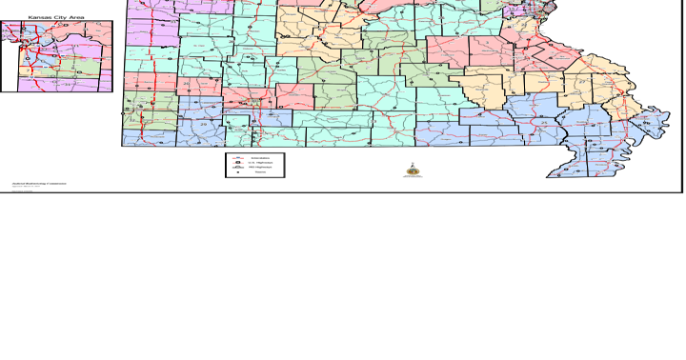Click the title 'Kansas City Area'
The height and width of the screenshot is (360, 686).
click(x=56, y=16)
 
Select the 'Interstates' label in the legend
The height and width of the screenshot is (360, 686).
click(x=260, y=157)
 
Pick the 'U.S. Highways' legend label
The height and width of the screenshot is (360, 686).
click(x=260, y=163)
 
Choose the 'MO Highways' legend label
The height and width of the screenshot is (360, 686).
click(x=260, y=169)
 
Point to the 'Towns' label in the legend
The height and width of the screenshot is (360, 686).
click(x=260, y=174)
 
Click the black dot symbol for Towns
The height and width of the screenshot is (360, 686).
click(x=235, y=174)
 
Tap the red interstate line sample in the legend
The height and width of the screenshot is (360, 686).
click(x=235, y=157)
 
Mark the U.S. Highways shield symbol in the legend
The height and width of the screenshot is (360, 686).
click(x=235, y=163)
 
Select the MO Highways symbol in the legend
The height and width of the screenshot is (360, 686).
click(x=235, y=169)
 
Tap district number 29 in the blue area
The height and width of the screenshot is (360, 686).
click(x=202, y=125)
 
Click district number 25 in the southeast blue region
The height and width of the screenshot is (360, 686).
click(x=542, y=123)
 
